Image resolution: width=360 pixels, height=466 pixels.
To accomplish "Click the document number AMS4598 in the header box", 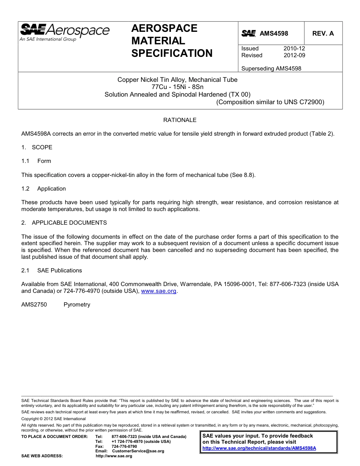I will tap(274, 33).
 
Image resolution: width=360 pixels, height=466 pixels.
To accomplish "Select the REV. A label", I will tap(323, 33).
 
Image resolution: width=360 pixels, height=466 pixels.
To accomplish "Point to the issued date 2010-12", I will tap(294, 48).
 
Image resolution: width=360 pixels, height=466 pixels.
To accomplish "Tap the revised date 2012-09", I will tap(294, 55).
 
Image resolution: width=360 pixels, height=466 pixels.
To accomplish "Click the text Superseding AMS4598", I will tap(271, 69).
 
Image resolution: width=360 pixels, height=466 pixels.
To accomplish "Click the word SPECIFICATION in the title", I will tap(172, 53).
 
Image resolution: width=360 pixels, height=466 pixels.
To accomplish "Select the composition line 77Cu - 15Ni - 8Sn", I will tap(177, 87).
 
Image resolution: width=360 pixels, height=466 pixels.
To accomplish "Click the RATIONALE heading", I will tap(180, 120).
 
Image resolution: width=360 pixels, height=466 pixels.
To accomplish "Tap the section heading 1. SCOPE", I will tap(37, 147).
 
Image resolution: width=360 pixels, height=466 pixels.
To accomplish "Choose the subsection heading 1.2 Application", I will tap(44, 189).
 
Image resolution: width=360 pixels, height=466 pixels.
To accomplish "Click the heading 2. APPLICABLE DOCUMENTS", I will tap(64, 223).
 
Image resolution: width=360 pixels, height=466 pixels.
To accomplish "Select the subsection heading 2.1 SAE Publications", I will tap(52, 271).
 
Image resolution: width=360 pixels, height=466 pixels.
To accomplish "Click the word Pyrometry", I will tap(77, 305).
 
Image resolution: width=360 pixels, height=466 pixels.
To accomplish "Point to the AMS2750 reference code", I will tap(34, 305).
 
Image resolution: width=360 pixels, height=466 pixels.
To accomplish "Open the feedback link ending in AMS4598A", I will tap(259, 448).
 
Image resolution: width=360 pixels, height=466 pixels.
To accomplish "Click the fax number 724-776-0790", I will tap(124, 447).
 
